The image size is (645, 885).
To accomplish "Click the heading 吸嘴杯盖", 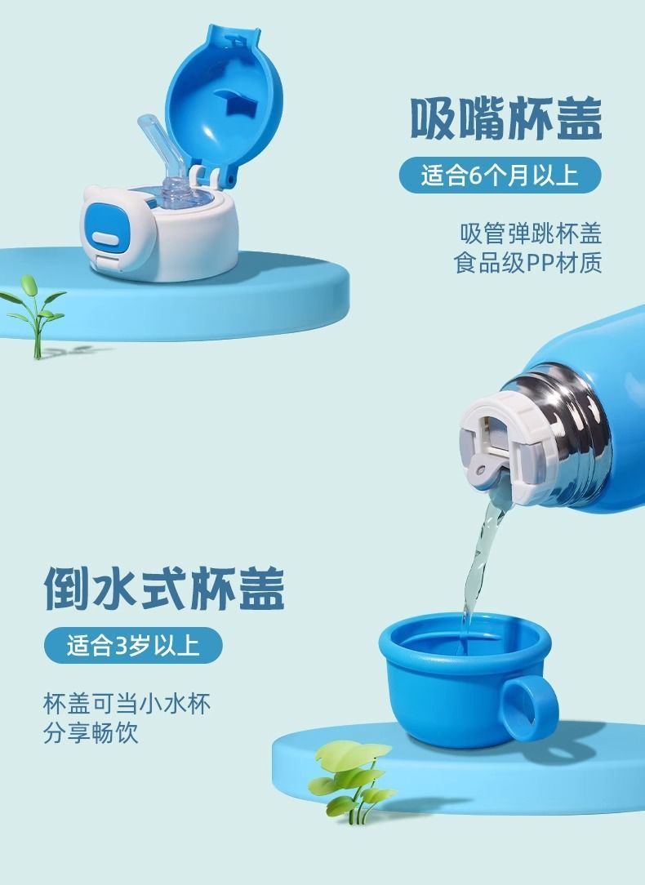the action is (505, 118).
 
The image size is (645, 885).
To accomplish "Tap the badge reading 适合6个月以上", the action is (500, 176).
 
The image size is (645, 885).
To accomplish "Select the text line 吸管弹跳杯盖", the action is (531, 233).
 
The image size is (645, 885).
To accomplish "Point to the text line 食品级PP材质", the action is (527, 262).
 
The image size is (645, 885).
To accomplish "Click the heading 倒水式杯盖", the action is (164, 588).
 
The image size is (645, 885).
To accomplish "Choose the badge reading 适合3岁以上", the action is (133, 645).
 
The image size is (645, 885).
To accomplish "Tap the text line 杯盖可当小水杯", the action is (127, 704).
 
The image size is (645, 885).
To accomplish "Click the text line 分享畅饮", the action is (91, 733).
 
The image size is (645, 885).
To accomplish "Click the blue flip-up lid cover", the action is (224, 99).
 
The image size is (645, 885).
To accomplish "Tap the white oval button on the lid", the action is (105, 239).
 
